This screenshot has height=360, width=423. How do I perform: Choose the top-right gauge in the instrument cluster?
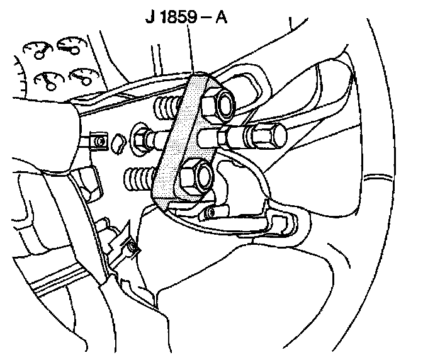coord(67,45)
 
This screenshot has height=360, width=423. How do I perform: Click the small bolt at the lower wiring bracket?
coord(132,250)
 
